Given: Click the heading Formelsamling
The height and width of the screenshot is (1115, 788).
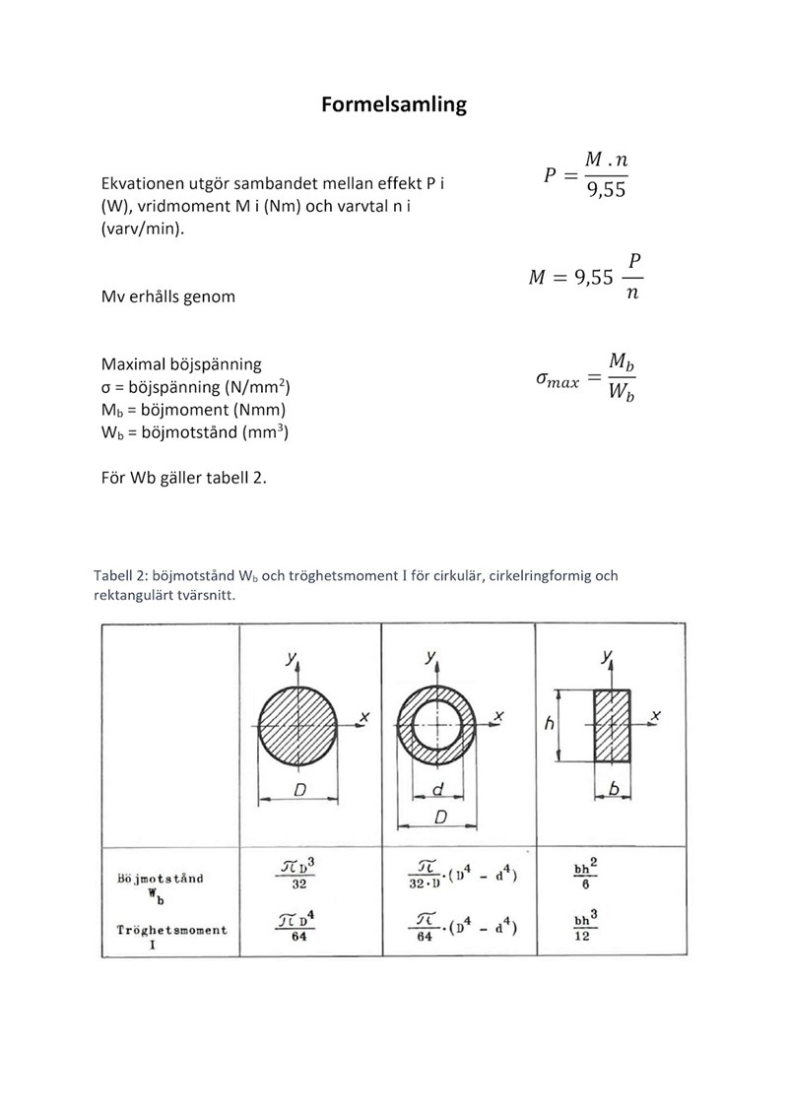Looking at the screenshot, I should point(393,104).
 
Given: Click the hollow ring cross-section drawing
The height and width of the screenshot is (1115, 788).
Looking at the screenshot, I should point(436,726).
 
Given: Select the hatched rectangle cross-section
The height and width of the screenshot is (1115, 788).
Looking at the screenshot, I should point(612,726).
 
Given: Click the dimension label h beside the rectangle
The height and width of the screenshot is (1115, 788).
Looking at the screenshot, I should point(549,724).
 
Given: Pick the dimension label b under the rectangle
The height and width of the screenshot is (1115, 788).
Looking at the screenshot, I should point(613,788).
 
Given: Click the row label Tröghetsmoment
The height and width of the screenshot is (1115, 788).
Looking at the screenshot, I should point(170,930).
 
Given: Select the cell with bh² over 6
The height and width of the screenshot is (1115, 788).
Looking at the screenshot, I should point(585,876).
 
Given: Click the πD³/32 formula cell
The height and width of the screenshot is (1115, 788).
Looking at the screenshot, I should point(297,874).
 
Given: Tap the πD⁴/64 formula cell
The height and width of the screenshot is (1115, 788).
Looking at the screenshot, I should point(297,927).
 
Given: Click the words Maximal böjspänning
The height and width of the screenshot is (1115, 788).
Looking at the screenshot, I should point(181,364).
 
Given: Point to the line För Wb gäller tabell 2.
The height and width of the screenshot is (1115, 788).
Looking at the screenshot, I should point(184,479).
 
